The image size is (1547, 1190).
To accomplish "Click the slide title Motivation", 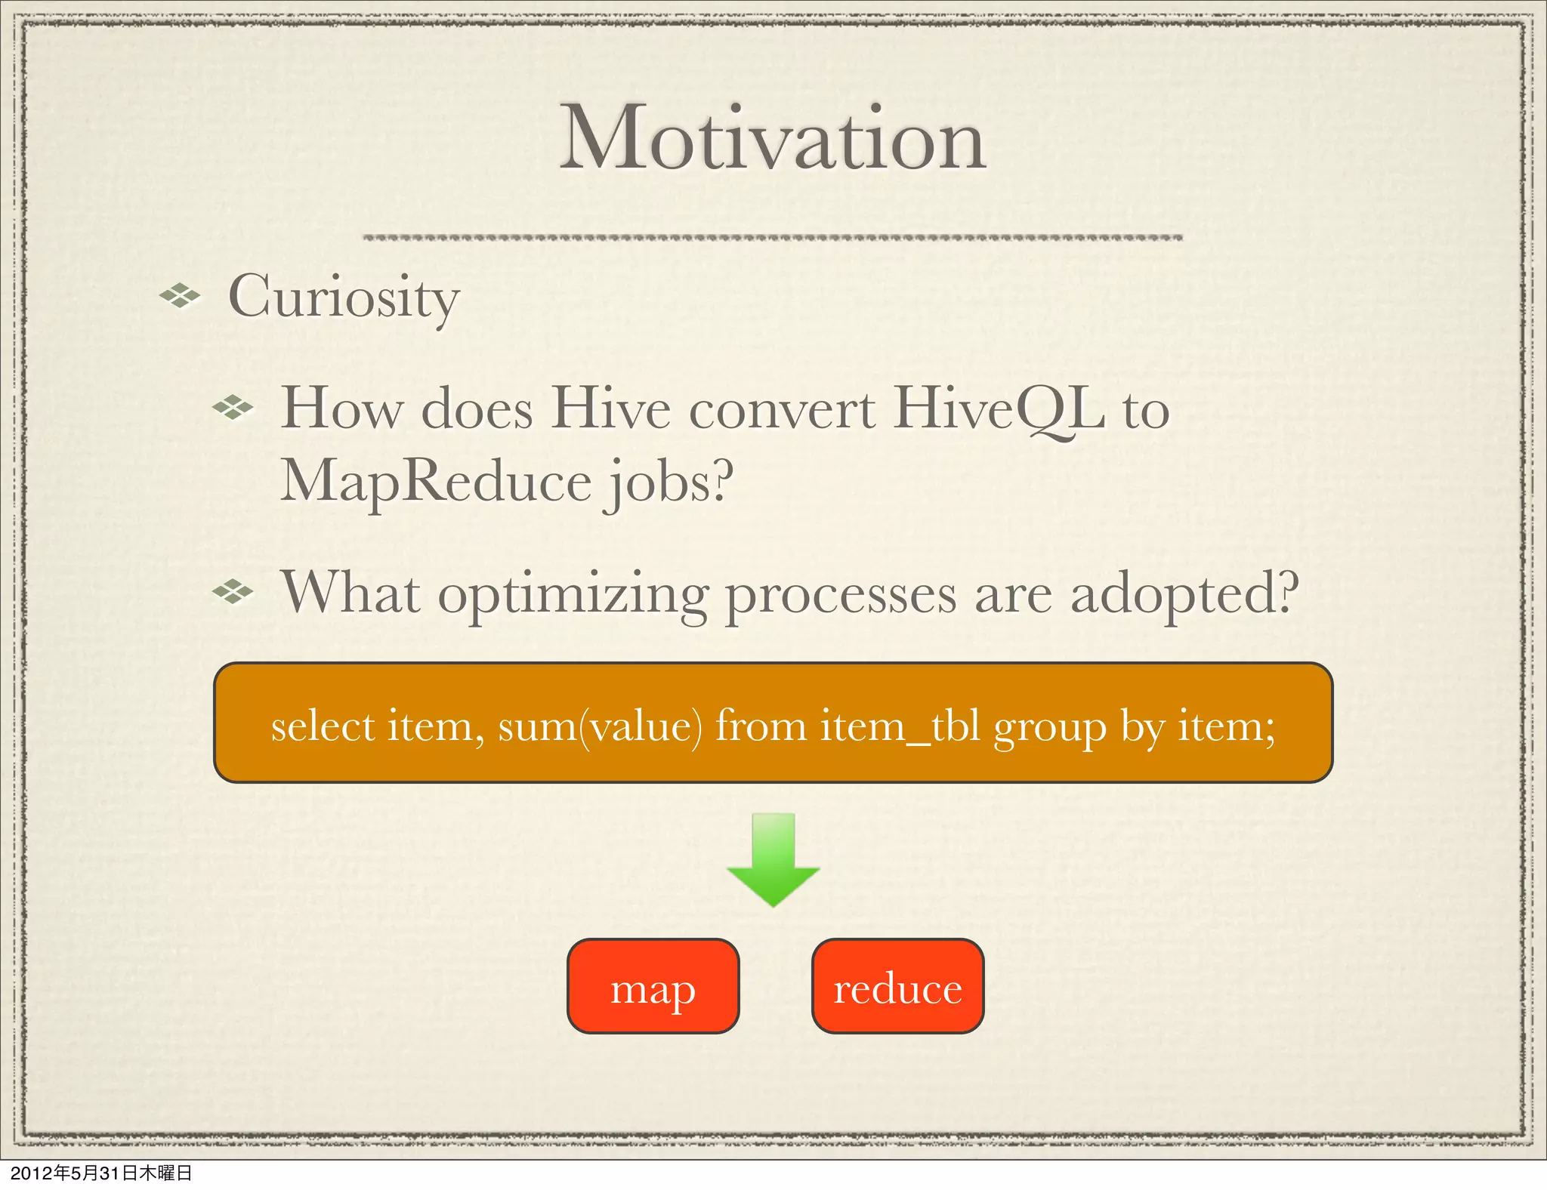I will point(773,140).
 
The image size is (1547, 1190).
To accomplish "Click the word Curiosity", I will point(344,297).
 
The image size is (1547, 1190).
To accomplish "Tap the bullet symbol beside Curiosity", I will point(180,296).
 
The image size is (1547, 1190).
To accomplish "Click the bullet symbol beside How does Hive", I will point(233,408).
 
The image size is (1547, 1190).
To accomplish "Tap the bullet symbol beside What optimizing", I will point(233,592).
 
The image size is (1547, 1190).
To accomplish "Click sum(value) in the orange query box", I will point(600,726).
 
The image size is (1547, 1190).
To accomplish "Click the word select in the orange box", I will point(323,726).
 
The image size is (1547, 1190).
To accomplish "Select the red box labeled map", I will point(653,986).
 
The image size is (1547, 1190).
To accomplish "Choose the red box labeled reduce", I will point(897,986).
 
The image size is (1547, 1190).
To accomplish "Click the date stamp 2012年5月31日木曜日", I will point(101,1173).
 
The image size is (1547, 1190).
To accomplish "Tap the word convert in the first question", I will point(781,409).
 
